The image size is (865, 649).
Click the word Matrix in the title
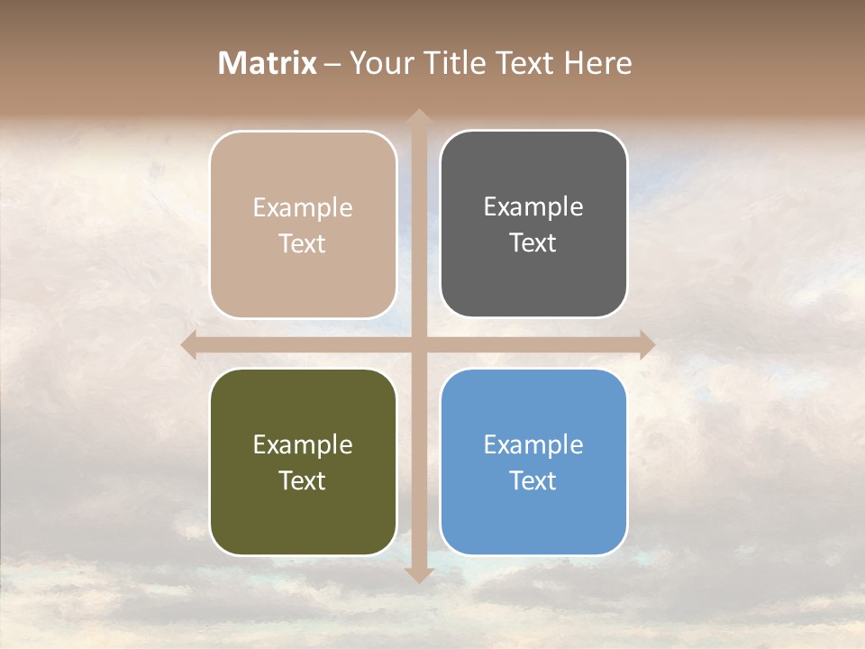coord(268,63)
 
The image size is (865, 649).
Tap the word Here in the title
coord(598,63)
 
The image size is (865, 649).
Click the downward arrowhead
coord(418,574)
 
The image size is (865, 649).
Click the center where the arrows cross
coord(418,344)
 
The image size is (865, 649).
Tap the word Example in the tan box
coord(303,207)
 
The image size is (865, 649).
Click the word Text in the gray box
coord(533,243)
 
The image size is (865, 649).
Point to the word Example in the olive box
coord(303,444)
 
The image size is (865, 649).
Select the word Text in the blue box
coord(533,480)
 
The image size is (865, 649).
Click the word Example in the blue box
coord(533,444)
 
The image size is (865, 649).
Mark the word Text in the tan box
coord(303,243)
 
